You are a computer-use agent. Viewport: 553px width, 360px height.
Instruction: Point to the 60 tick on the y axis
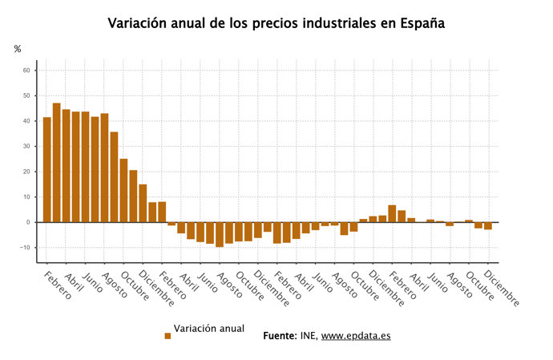[x=26, y=71]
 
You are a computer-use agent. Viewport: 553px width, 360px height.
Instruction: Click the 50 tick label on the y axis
[x=26, y=96]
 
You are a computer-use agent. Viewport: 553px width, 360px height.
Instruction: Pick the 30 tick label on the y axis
[x=26, y=147]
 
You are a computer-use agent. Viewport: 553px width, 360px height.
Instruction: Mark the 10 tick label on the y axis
[x=26, y=197]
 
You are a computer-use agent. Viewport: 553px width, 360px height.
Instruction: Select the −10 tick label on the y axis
[x=24, y=248]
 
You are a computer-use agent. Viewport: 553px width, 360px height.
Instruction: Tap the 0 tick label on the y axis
[x=27, y=222]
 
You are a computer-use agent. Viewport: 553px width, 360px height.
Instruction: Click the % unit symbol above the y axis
[x=18, y=50]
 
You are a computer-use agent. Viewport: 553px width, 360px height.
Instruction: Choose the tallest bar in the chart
[x=57, y=163]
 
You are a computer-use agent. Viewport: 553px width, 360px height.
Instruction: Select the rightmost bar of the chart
[x=487, y=226]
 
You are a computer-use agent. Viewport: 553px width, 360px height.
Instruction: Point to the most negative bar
[x=219, y=234]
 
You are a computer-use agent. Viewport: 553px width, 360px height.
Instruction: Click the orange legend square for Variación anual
[x=168, y=336]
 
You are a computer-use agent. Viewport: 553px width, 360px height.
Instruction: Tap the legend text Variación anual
[x=209, y=329]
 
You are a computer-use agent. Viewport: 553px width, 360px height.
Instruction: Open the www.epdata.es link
[x=356, y=335]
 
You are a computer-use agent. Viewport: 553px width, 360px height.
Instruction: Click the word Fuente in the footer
[x=280, y=335]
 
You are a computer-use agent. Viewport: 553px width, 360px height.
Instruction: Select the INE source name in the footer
[x=309, y=335]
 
